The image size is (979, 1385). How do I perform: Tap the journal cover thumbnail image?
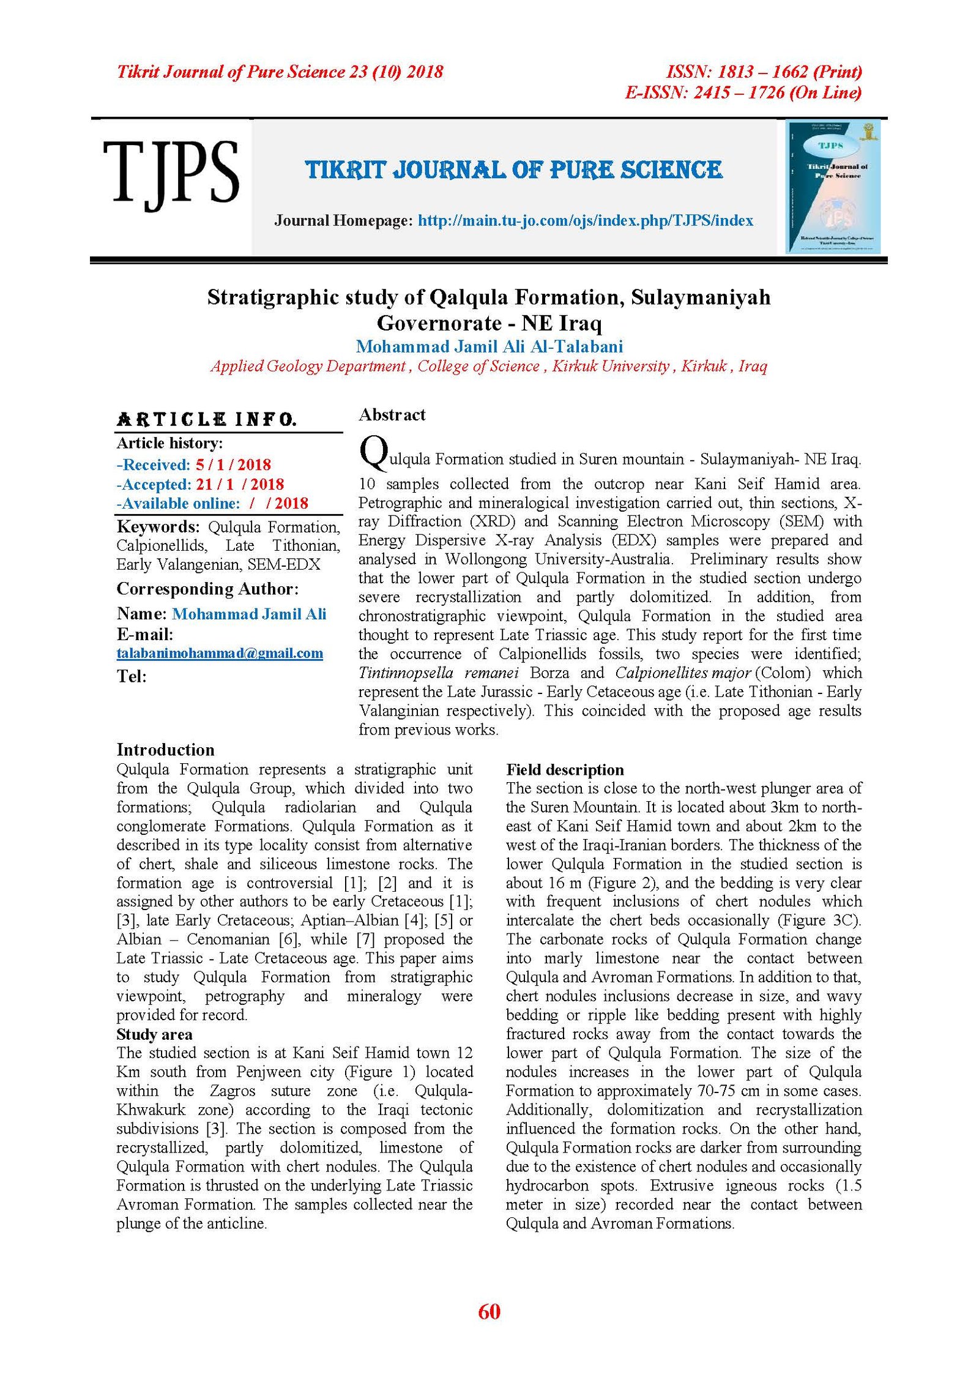pyautogui.click(x=833, y=187)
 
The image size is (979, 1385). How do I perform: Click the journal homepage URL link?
pyautogui.click(x=585, y=220)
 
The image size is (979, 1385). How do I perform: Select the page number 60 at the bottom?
pyautogui.click(x=489, y=1311)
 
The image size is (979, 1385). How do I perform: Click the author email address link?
pyautogui.click(x=220, y=653)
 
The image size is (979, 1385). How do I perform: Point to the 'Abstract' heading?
pyautogui.click(x=392, y=415)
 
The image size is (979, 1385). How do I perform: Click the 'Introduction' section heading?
pyautogui.click(x=165, y=750)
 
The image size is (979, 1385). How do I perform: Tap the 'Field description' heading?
pyautogui.click(x=565, y=769)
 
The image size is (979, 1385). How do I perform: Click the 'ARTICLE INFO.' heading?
pyautogui.click(x=207, y=420)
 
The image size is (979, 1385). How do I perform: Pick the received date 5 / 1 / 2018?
pyautogui.click(x=233, y=465)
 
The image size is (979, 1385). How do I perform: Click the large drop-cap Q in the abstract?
pyautogui.click(x=373, y=454)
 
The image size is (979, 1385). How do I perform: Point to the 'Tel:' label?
pyautogui.click(x=132, y=676)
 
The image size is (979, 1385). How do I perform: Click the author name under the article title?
pyautogui.click(x=489, y=346)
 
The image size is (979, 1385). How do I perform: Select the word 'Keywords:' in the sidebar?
pyautogui.click(x=158, y=527)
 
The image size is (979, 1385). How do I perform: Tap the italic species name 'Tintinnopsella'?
pyautogui.click(x=406, y=673)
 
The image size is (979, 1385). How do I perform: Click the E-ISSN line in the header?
pyautogui.click(x=743, y=92)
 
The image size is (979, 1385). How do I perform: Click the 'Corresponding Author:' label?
pyautogui.click(x=207, y=589)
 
